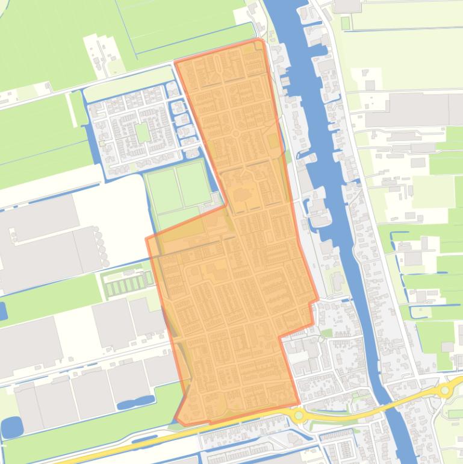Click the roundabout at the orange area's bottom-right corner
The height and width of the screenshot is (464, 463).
pos(298,415)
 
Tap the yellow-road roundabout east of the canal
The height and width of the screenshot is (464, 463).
pos(445,390)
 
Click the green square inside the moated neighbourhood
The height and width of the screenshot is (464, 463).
pos(143,132)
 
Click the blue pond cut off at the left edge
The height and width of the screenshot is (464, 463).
pos(2,311)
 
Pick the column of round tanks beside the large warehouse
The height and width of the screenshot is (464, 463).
pos(99,247)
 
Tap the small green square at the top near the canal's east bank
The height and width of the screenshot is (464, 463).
pos(345,23)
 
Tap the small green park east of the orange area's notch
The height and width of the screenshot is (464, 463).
pos(327,332)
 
